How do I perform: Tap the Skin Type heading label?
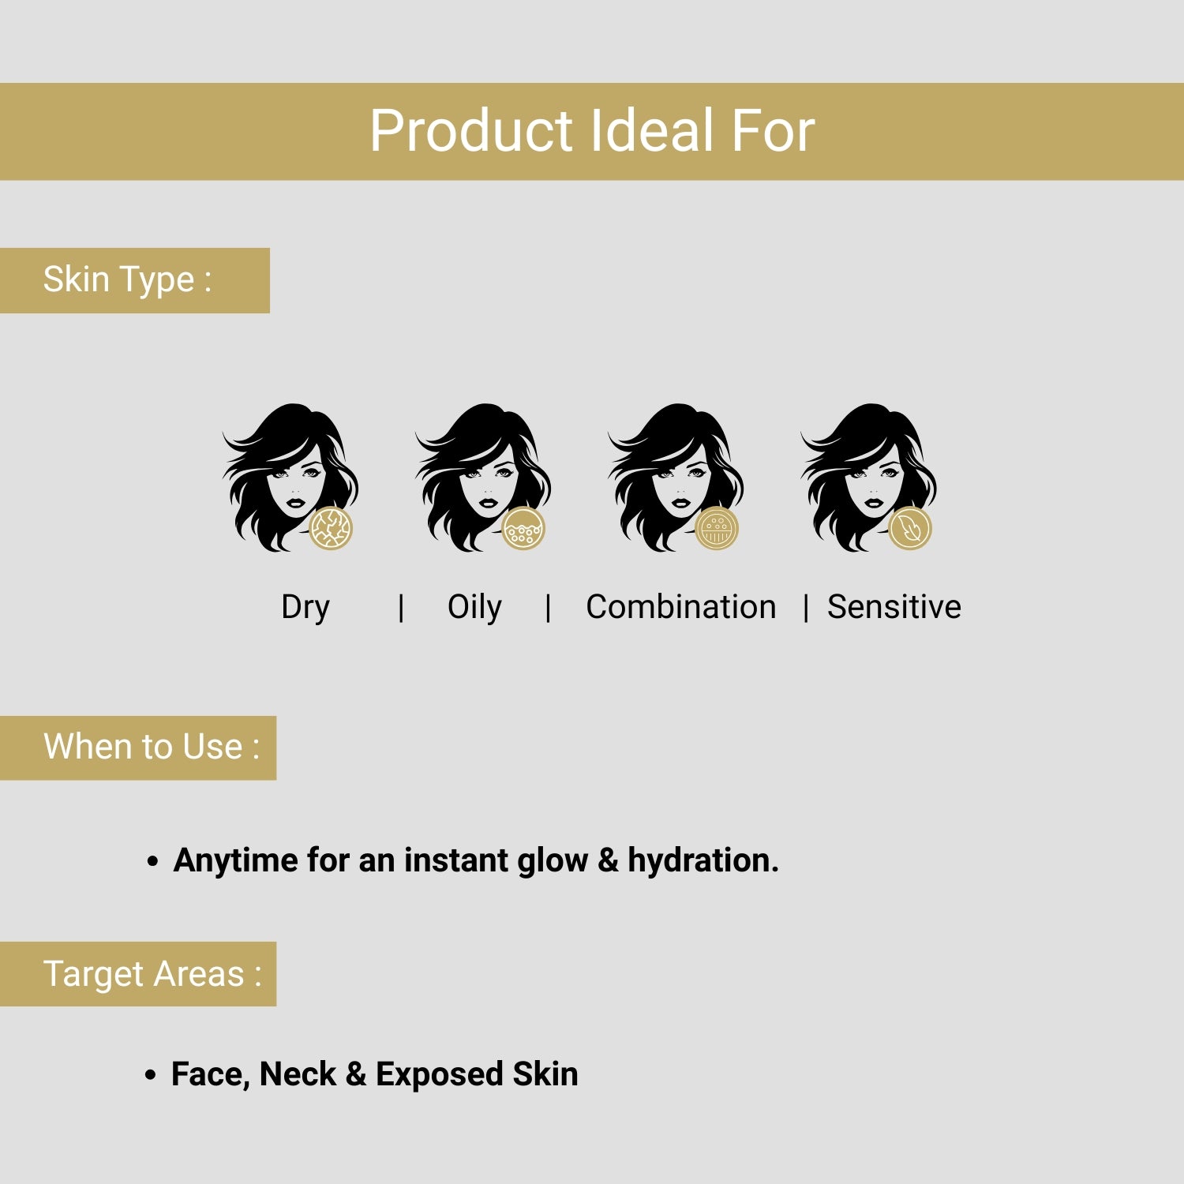click(x=127, y=279)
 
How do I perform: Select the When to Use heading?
click(x=151, y=747)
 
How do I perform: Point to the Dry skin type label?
click(x=305, y=607)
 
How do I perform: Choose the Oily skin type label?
click(x=474, y=607)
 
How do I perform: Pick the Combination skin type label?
click(x=680, y=607)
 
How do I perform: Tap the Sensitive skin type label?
click(x=894, y=607)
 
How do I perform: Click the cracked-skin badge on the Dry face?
click(x=330, y=528)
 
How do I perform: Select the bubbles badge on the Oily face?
click(x=523, y=528)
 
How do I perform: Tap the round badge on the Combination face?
click(x=716, y=528)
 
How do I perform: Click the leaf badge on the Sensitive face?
click(x=909, y=528)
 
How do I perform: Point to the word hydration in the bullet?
click(x=702, y=860)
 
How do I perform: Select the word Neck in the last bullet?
click(x=298, y=1074)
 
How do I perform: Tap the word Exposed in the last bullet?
click(x=439, y=1074)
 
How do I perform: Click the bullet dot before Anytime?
click(x=153, y=861)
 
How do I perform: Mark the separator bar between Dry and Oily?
click(x=401, y=608)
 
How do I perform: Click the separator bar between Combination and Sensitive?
click(x=805, y=608)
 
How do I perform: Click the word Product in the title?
click(x=470, y=131)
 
